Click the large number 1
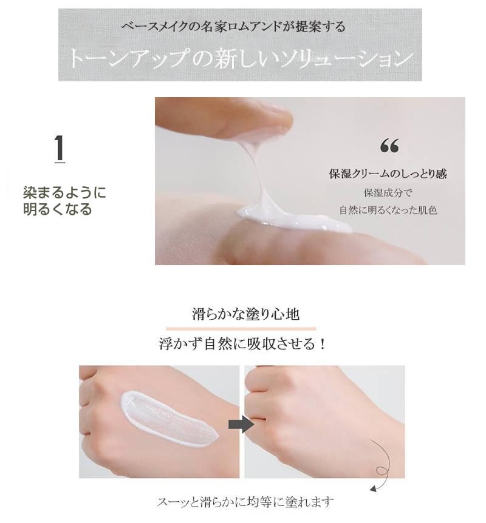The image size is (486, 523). pos(60,148)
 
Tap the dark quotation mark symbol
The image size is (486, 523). pos(389,146)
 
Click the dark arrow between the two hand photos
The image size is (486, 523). pos(241,424)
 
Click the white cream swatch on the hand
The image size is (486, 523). pos(169,419)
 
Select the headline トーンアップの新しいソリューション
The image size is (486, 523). pos(241,58)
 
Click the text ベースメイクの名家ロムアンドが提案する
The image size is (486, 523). pos(233,27)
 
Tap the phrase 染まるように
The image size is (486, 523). pos(64,192)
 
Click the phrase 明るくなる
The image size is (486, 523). pos(58,209)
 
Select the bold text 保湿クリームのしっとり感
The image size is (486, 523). pos(388,174)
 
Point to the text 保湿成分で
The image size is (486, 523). pos(388,192)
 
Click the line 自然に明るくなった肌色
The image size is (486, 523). pos(388,210)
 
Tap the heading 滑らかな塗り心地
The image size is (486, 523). pos(245,314)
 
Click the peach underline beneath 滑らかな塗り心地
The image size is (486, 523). pos(241,329)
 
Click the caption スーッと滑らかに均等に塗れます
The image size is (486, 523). pos(245,502)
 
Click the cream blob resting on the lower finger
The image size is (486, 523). pos(294,220)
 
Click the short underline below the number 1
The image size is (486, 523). pos(60,163)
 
